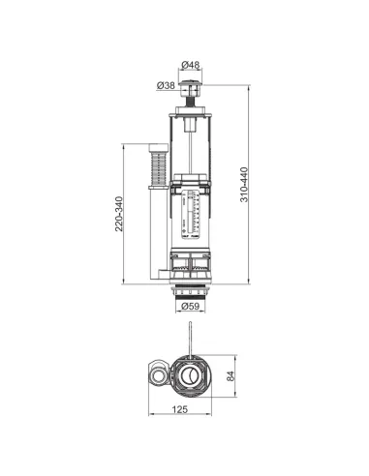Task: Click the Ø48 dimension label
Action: [191, 65]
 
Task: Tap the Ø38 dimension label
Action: [166, 85]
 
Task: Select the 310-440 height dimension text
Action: [244, 185]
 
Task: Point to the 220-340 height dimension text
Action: [119, 214]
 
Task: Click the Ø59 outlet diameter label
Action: [191, 306]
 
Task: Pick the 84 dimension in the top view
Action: [231, 376]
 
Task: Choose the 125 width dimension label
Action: [179, 409]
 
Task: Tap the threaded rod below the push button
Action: [191, 101]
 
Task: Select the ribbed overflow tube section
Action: [159, 168]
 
